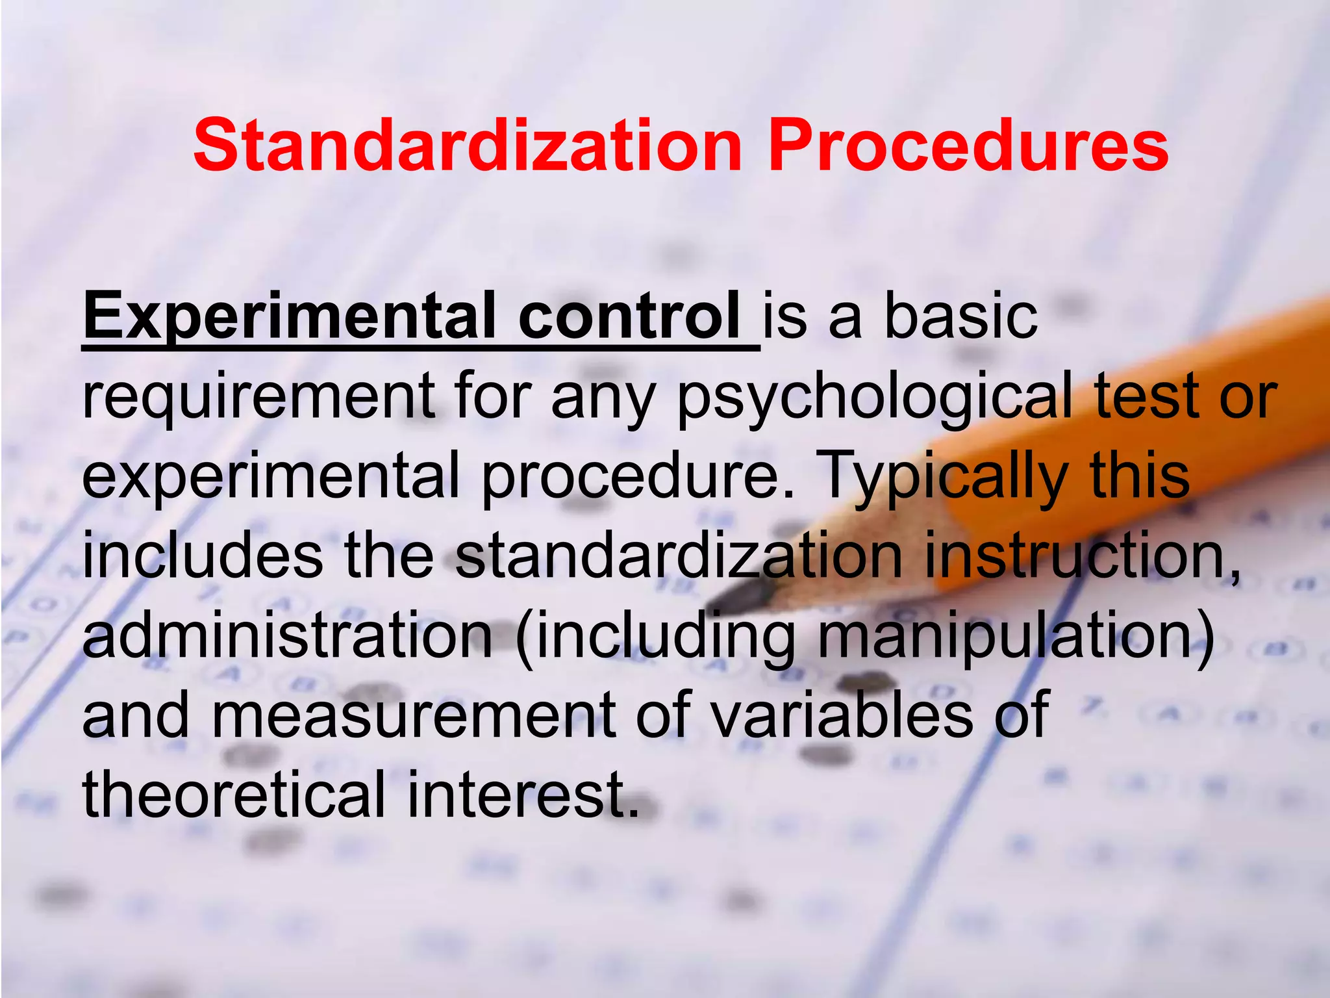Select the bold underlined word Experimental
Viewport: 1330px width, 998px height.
tap(289, 316)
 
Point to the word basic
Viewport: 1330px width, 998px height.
tap(961, 316)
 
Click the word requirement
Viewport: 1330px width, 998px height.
tap(258, 396)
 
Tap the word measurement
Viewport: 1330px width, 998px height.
tap(412, 715)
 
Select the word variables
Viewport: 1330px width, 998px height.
tap(842, 715)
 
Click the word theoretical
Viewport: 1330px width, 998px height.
tap(234, 795)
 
